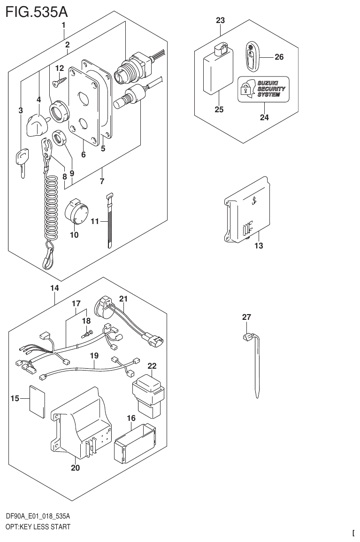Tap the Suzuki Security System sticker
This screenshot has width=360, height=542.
pos(263,88)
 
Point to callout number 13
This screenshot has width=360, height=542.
pos(259,246)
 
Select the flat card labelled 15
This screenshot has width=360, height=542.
pos(37,400)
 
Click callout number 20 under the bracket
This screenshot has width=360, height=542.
pos(75,468)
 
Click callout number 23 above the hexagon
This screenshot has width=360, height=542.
pos(220,20)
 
